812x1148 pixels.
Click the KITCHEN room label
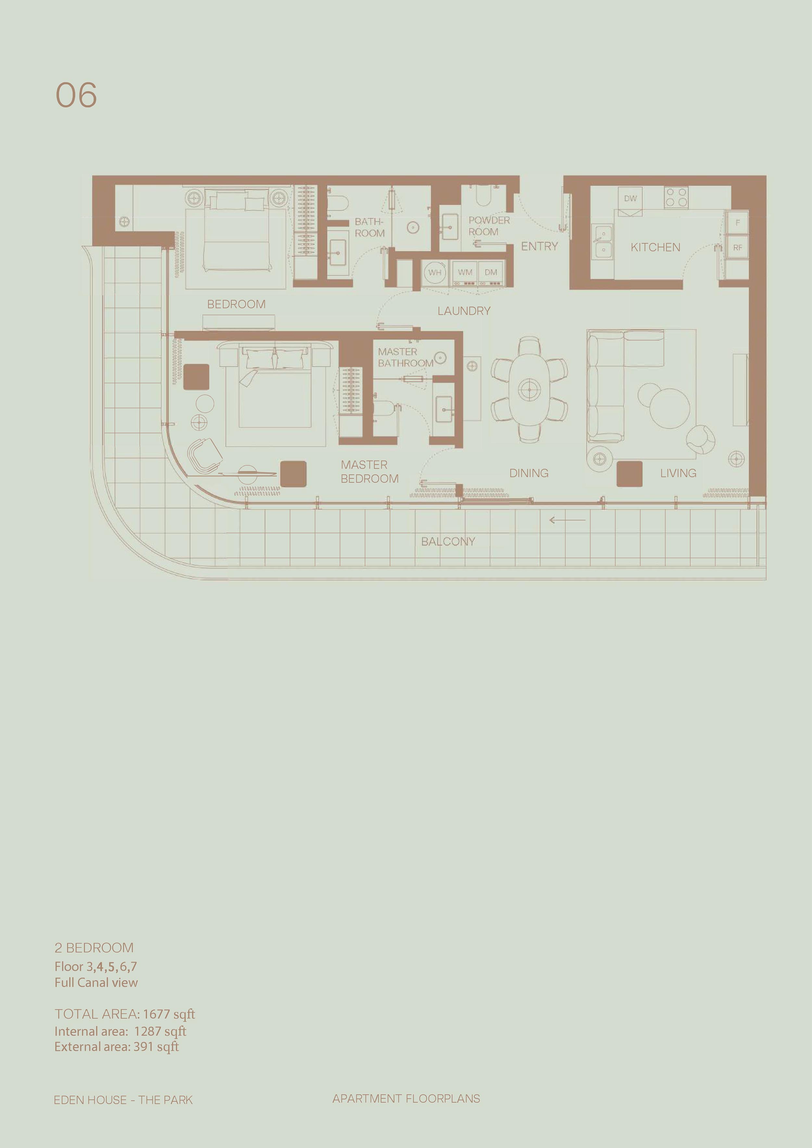(655, 247)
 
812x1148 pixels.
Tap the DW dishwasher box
(630, 198)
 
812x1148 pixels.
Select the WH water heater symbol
(435, 272)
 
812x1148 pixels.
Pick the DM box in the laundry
(491, 272)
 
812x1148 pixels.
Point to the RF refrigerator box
(738, 247)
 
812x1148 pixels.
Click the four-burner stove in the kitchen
(676, 197)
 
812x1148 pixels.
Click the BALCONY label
(448, 541)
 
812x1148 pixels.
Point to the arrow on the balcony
(567, 520)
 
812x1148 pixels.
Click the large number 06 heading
(76, 95)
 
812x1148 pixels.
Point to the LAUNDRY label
(464, 311)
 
